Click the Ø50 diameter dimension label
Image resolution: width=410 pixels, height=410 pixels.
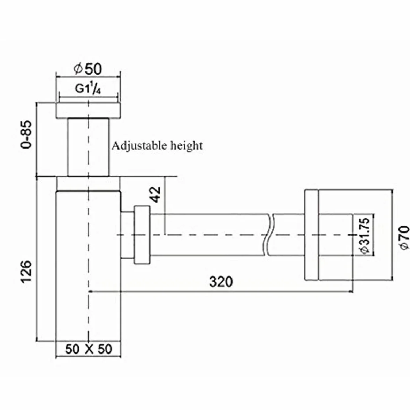pyautogui.click(x=88, y=69)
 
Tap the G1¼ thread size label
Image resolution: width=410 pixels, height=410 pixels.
pyautogui.click(x=88, y=89)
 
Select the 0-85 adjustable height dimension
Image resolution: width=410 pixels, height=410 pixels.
pyautogui.click(x=26, y=134)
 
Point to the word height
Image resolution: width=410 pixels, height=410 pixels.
pyautogui.click(x=187, y=145)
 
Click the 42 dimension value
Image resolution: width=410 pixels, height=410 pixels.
pyautogui.click(x=156, y=194)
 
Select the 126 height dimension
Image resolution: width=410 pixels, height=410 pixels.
pyautogui.click(x=26, y=271)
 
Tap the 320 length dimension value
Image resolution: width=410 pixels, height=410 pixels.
pyautogui.click(x=221, y=282)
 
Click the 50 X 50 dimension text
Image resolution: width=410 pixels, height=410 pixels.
pyautogui.click(x=89, y=349)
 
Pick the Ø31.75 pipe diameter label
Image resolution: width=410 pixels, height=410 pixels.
pyautogui.click(x=365, y=235)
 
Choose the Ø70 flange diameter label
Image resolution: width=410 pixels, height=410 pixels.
pyautogui.click(x=404, y=237)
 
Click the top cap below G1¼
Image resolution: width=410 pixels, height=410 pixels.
pyautogui.click(x=89, y=110)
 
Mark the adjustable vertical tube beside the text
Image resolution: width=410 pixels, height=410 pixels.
pyautogui.click(x=89, y=147)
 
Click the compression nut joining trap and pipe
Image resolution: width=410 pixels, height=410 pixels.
pyautogui.click(x=142, y=235)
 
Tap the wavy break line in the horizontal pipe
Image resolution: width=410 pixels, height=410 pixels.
pyautogui.click(x=269, y=235)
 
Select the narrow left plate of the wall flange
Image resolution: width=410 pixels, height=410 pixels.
pyautogui.click(x=311, y=235)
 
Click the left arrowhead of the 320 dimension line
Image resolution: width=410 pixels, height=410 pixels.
pyautogui.click(x=91, y=291)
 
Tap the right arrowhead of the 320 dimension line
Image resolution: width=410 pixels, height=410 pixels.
pyautogui.click(x=351, y=291)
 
